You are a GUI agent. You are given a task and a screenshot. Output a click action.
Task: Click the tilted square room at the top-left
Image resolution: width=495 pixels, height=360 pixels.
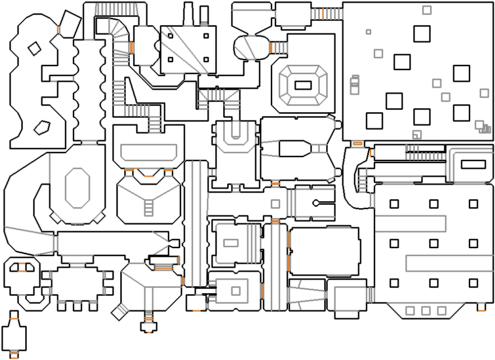click(70, 24)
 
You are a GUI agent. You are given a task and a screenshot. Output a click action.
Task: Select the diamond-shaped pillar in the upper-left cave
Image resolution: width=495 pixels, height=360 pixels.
click(34, 48)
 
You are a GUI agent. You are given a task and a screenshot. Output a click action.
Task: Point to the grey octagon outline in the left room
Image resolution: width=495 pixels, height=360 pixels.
click(77, 188)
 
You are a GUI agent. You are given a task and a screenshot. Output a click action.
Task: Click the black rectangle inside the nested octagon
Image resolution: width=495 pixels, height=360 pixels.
click(303, 85)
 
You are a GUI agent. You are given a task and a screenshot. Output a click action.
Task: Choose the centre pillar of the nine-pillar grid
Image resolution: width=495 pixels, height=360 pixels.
click(434, 243)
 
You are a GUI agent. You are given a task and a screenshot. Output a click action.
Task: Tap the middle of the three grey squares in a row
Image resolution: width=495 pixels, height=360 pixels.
click(425, 311)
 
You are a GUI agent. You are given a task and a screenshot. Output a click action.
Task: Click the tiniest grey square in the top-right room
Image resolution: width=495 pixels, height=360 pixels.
click(368, 32)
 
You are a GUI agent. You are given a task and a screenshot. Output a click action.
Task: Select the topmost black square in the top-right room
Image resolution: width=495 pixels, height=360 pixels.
click(422, 34)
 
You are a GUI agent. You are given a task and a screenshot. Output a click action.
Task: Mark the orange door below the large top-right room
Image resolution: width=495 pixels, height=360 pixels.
click(357, 143)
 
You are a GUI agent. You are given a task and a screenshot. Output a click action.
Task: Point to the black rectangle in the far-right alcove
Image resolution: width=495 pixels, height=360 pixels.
click(473, 165)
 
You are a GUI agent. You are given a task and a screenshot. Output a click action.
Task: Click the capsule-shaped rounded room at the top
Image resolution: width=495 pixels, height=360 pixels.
click(252, 47)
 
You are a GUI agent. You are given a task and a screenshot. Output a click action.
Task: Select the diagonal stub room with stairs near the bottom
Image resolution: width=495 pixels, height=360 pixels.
click(119, 312)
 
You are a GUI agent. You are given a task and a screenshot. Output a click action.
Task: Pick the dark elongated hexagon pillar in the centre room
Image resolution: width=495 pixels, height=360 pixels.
click(295, 148)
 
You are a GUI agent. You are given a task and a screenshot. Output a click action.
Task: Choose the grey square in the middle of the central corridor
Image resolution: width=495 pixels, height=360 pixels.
click(275, 204)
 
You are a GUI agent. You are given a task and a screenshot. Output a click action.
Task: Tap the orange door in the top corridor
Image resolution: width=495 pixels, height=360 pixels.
click(322, 13)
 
